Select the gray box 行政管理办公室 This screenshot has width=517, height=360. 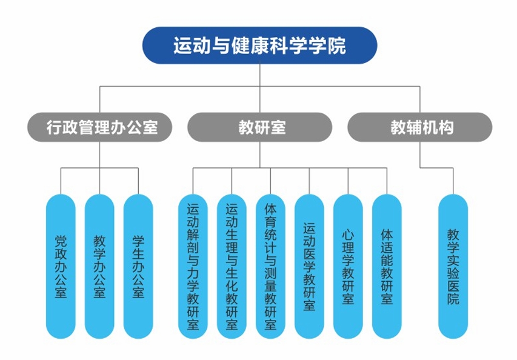pyautogui.click(x=101, y=127)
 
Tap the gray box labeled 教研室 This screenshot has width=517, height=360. pyautogui.click(x=261, y=127)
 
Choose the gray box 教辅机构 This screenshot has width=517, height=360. pyautogui.click(x=421, y=127)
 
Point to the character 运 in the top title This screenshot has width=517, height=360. pyautogui.click(x=182, y=45)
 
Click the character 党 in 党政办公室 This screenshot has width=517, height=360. pyautogui.click(x=61, y=240)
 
